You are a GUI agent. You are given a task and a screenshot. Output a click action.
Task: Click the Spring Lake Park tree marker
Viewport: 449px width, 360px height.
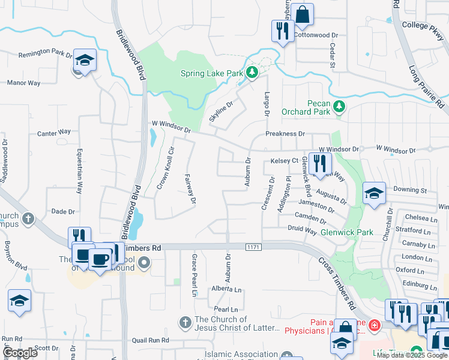pos(253,73)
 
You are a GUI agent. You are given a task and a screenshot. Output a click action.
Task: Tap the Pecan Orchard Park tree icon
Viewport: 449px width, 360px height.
pos(340,107)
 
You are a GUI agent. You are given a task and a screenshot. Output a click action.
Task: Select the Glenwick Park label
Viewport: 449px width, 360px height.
pos(347,232)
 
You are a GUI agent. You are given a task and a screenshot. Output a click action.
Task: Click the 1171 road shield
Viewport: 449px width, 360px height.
pos(253,247)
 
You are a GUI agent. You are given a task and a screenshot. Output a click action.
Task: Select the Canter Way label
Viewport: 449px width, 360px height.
pos(54,131)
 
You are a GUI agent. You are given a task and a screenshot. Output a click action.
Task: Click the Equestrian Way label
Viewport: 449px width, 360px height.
pos(80,169)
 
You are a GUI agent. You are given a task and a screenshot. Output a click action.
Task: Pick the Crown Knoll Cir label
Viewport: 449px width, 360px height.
pos(166,169)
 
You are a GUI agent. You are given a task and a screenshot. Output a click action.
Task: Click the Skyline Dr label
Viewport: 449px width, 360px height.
pos(220,109)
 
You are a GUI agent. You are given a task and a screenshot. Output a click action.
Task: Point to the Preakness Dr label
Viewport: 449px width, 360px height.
pos(285,134)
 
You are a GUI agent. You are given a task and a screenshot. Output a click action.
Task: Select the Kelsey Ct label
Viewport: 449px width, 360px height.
pos(285,161)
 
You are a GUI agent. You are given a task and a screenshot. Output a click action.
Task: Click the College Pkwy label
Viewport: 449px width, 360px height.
pos(423,25)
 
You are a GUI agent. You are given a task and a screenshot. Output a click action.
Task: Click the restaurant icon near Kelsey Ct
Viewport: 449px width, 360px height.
pos(321,163)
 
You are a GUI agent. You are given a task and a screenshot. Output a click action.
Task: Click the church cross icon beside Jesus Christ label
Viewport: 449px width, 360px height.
pos(186,323)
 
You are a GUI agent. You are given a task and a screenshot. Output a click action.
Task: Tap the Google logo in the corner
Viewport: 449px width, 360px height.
pos(20,353)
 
